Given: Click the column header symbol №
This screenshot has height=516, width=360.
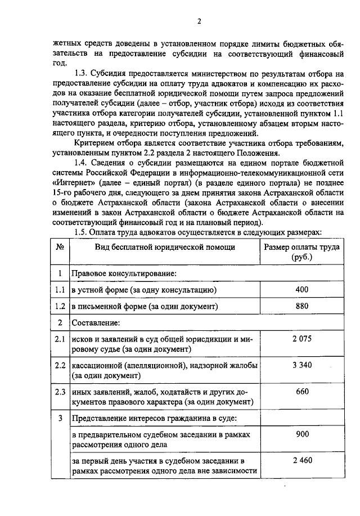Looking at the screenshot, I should click(x=60, y=247).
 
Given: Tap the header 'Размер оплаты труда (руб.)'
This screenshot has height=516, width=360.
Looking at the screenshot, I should click(x=301, y=252).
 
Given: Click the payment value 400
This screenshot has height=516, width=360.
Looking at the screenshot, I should click(x=301, y=289).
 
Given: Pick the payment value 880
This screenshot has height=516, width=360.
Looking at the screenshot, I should click(x=301, y=306).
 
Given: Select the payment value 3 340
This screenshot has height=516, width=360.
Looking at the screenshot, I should click(x=301, y=365).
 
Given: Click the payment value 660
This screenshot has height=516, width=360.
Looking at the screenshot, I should click(x=301, y=392).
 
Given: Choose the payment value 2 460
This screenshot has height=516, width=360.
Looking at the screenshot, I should click(x=301, y=461).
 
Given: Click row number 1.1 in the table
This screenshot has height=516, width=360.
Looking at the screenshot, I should click(x=60, y=290).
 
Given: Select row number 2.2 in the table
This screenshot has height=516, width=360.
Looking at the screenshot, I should click(x=60, y=366).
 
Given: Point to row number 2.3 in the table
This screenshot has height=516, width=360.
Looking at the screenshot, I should click(x=60, y=392).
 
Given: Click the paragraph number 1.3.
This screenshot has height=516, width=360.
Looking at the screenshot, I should click(x=83, y=73).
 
